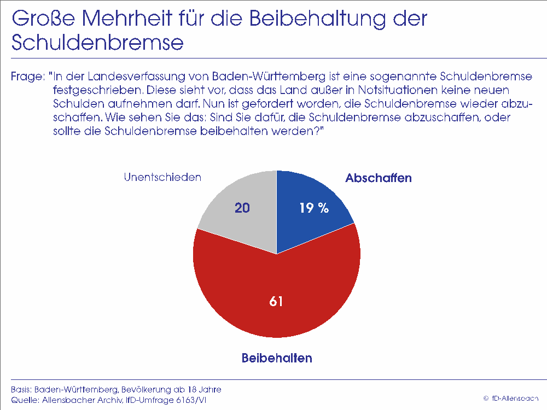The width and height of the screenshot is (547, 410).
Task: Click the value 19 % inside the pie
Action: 313,208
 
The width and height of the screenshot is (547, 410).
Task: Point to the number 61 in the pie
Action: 276,301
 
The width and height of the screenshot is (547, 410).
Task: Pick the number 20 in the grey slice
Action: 243,208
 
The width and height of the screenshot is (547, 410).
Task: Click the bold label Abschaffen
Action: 378,178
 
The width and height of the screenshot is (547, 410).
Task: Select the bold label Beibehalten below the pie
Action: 277,359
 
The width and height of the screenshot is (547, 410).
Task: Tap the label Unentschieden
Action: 162,177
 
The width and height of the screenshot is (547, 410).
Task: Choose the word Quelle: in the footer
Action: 24,401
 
